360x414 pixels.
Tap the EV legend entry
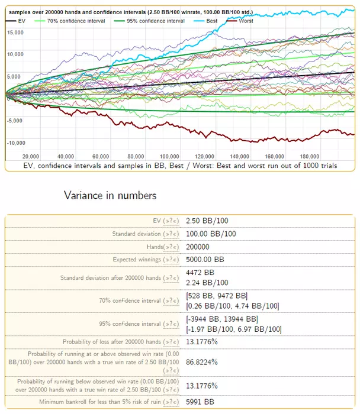coord(21,20)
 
